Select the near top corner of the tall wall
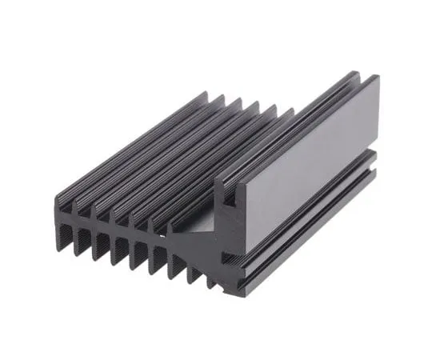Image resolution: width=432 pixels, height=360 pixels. coord(218,186)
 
